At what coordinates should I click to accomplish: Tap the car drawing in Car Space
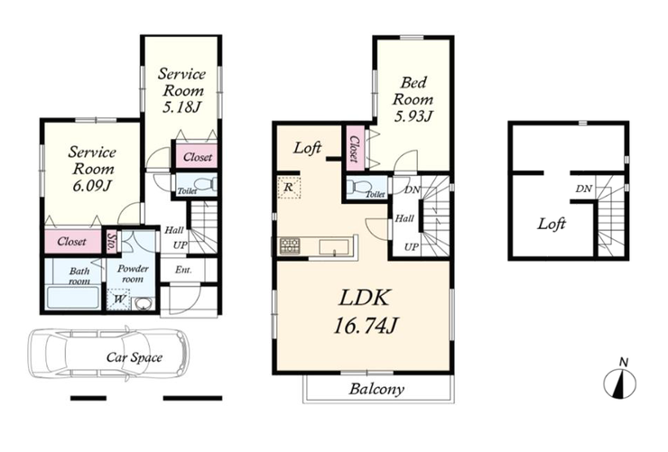(108, 354)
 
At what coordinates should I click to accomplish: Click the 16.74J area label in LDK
(365, 327)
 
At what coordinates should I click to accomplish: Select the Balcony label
(376, 389)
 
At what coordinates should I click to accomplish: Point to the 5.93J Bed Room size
(413, 115)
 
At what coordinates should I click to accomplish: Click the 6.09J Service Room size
(91, 186)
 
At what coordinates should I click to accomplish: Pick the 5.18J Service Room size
(181, 107)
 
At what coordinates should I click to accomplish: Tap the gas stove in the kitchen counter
(290, 246)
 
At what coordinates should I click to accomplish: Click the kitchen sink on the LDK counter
(334, 247)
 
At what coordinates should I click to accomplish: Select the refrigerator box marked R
(289, 188)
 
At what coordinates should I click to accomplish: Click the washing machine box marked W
(118, 300)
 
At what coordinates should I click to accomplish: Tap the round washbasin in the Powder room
(143, 304)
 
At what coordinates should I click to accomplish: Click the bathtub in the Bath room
(72, 298)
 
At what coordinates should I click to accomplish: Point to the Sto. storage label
(112, 242)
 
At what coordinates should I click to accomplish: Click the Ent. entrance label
(183, 270)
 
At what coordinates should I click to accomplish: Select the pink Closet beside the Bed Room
(355, 149)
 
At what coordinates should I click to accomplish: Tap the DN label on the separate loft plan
(584, 189)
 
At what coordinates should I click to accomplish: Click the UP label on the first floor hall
(181, 245)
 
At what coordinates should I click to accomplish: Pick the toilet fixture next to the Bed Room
(357, 187)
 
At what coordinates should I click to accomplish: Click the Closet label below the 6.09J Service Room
(71, 241)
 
